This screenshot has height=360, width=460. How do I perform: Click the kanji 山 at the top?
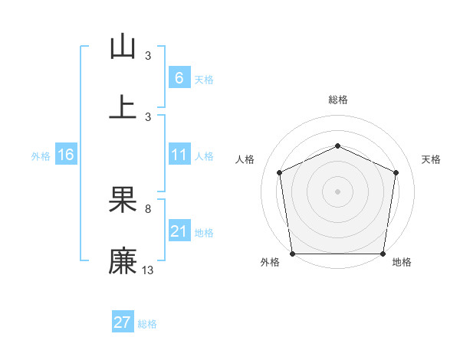coord(123,47)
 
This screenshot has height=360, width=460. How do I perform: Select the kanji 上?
coord(123,106)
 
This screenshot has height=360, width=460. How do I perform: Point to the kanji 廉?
coord(123,260)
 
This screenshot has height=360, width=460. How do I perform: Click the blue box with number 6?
coord(179,78)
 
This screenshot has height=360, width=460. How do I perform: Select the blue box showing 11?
coord(179,155)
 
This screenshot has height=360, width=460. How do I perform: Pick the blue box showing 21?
coord(179,231)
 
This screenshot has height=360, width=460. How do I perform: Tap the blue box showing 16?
coord(65,155)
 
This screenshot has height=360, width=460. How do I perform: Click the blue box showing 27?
coord(123,322)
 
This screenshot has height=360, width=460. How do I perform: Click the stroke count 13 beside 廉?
coord(148,270)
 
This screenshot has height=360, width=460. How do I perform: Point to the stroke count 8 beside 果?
coord(148,208)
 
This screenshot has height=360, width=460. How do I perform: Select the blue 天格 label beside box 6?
coord(204,79)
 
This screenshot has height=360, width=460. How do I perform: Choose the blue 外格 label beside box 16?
coord(41,155)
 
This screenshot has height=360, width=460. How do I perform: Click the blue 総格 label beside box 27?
coord(147,323)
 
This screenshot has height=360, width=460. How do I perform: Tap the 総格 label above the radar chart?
coord(337,100)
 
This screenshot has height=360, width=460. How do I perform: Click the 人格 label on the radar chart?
coord(245,159)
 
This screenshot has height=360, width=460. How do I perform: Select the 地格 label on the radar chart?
coord(402,262)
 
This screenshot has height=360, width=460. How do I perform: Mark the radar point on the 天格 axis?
coord(396,172)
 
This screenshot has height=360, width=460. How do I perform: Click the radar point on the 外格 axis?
coord(292,254)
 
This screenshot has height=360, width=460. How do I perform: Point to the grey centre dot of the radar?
coord(337,191)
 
